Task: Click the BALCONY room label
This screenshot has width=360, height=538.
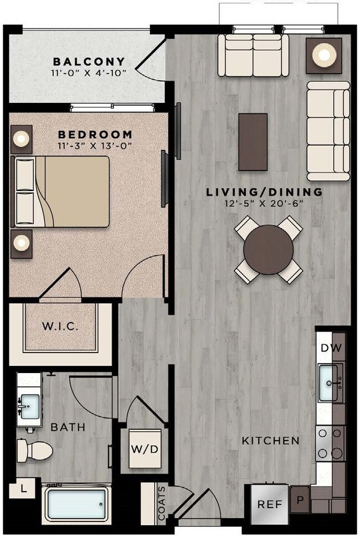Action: pos(89,61)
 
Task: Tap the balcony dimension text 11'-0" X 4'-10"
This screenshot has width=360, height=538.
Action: pos(89,72)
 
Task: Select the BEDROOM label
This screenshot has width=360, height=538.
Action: pos(95,134)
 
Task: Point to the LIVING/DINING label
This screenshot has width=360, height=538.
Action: pos(264,193)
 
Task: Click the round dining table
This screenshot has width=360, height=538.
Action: pos(269,249)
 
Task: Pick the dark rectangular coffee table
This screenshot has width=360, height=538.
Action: pos(253,142)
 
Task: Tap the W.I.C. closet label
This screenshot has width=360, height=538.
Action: pos(60,326)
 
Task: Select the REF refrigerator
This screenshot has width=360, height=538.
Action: pos(270,505)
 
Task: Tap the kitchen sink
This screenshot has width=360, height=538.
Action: pos(331,382)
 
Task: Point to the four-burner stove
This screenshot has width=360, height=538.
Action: pos(331,444)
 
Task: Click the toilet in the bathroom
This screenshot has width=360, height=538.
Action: pos(35,450)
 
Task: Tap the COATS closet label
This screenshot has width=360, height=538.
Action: pos(162,504)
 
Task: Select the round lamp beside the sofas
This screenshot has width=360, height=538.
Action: pos(322,54)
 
